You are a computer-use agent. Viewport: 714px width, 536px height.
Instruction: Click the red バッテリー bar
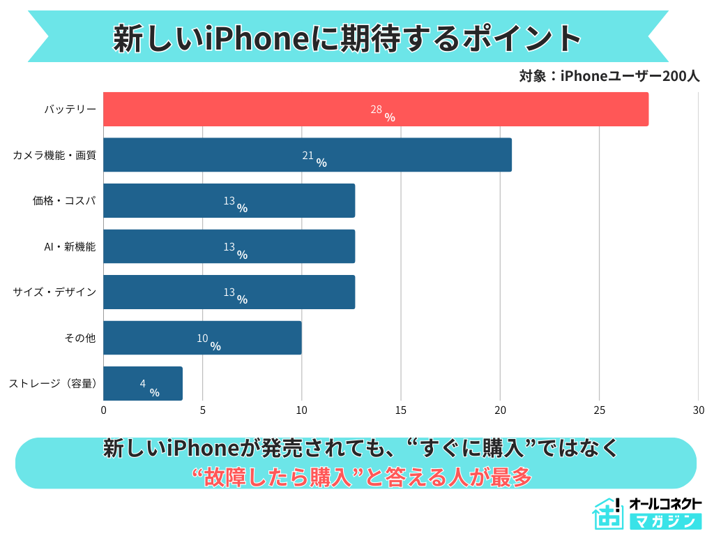pos(375,109)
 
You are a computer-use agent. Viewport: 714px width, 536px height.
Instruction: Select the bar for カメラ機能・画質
pos(307,155)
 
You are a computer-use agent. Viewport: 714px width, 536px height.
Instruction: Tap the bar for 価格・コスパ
pos(229,200)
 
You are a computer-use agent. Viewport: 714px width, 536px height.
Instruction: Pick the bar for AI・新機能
pos(229,246)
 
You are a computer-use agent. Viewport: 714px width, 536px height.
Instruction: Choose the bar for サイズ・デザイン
pos(229,292)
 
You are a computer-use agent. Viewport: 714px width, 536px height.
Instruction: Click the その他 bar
pos(202,338)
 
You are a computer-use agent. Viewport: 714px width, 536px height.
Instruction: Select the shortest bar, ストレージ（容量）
pos(143,384)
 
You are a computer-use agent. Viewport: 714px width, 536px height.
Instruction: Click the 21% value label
pos(314,158)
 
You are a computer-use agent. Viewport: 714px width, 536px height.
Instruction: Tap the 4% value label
pos(149,387)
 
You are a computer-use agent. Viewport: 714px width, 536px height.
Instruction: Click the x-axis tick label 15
pos(401,410)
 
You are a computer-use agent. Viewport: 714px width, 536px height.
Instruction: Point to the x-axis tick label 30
pos(698,410)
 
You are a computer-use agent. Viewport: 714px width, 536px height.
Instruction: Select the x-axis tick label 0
pos(104,410)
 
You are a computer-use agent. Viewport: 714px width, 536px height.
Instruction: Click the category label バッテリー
pos(70,110)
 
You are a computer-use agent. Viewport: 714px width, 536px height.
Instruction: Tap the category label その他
pos(79,338)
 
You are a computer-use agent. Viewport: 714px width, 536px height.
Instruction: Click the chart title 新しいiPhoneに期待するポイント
pos(347,38)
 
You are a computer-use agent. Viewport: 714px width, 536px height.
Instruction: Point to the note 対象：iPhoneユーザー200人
pos(609,76)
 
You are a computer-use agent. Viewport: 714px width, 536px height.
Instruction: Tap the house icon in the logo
pos(608,515)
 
